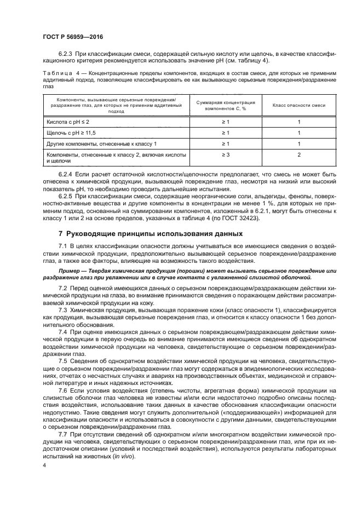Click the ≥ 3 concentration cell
pos(225,156)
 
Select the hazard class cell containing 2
pos(299,156)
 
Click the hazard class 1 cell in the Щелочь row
pos(299,133)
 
